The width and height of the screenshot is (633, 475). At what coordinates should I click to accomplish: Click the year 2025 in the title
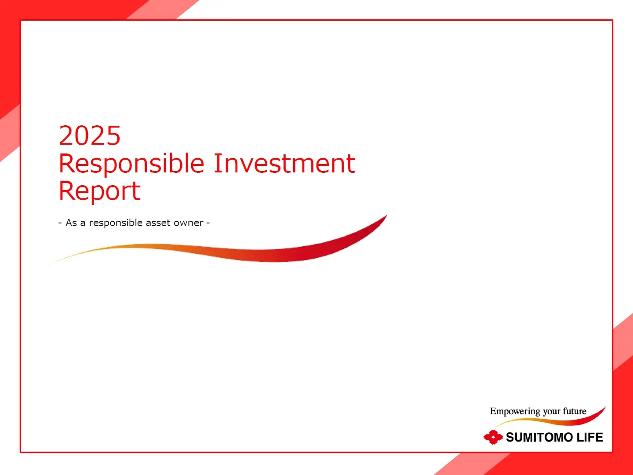(x=89, y=135)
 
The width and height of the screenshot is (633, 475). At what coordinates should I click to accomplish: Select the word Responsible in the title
(x=131, y=164)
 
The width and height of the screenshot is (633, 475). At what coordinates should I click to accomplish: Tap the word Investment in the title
(x=285, y=164)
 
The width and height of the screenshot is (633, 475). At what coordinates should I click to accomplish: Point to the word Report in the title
(x=99, y=191)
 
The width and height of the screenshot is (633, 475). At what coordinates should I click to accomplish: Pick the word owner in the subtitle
(x=189, y=223)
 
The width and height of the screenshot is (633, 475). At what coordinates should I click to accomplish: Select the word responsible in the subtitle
(x=116, y=223)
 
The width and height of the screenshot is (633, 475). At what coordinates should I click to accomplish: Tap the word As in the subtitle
(x=71, y=223)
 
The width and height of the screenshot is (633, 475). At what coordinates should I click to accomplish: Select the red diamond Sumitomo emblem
(x=493, y=437)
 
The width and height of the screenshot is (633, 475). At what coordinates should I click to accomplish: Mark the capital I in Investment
(x=218, y=163)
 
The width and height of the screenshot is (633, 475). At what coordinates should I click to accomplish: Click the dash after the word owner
(x=208, y=223)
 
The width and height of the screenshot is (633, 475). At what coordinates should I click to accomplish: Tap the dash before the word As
(x=60, y=223)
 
